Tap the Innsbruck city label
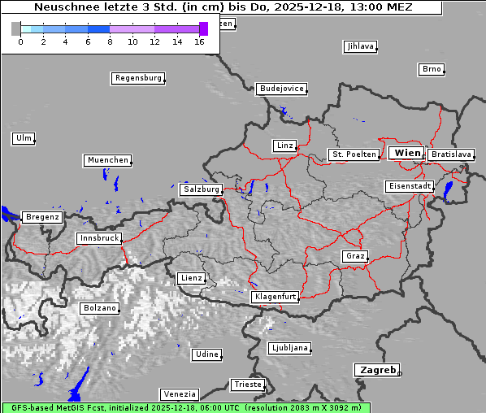tap(98, 238)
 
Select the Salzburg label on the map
tap(201, 189)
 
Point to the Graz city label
tap(355, 256)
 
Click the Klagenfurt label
tap(275, 297)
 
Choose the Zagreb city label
tap(376, 370)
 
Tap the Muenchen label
tap(107, 160)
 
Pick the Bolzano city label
tap(100, 308)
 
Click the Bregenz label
tap(42, 217)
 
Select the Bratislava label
tap(451, 154)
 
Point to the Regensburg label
tap(137, 78)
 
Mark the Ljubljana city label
tap(289, 348)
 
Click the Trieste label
tap(247, 384)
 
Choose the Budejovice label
tap(281, 88)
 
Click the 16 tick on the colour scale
tap(199, 41)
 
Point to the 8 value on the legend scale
tap(110, 41)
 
